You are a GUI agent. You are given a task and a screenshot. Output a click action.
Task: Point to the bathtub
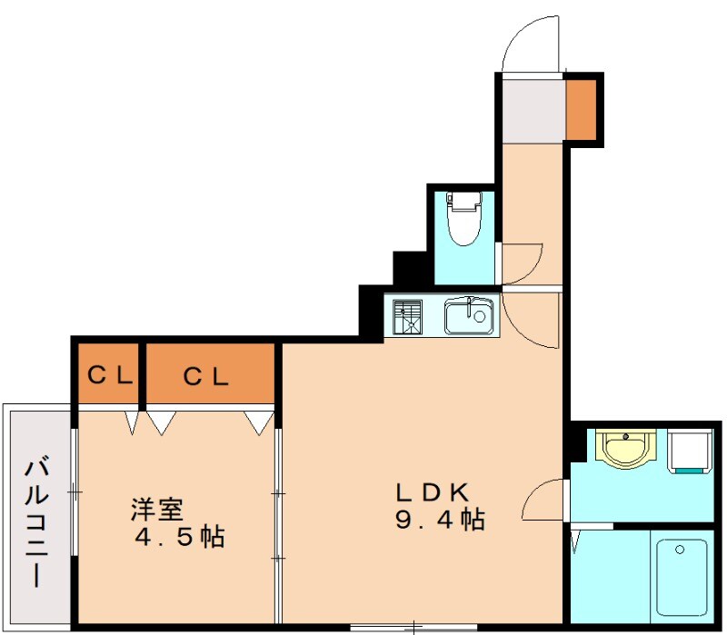point(682,577)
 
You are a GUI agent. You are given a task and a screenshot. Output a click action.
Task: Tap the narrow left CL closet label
point(107,374)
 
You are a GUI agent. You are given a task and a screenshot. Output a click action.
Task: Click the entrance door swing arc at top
point(527,41)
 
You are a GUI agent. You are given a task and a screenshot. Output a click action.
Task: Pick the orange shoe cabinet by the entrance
point(582,109)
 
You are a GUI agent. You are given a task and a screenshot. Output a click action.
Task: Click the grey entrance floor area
point(533,110)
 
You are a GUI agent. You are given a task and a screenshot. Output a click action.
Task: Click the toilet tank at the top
point(465,200)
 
